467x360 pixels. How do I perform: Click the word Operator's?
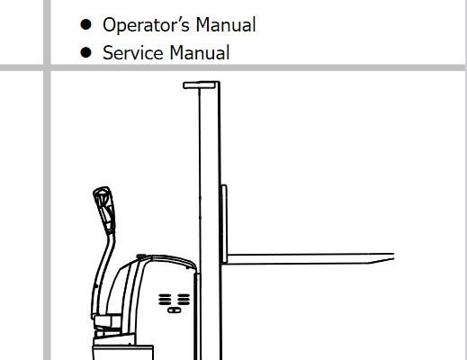click(x=146, y=25)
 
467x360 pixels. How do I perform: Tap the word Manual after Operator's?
click(x=226, y=24)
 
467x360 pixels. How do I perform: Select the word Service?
click(x=133, y=53)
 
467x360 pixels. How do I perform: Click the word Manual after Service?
click(x=200, y=53)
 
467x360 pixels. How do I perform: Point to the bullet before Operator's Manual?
click(x=85, y=24)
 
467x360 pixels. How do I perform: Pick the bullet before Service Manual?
click(x=85, y=52)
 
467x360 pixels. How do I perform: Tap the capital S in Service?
click(x=108, y=53)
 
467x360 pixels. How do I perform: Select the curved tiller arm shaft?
click(x=103, y=270)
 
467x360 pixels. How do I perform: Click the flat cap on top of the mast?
click(x=201, y=85)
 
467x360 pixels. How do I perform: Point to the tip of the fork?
click(x=393, y=257)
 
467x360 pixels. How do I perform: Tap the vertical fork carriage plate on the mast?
click(x=224, y=224)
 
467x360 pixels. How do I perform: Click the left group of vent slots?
click(x=165, y=300)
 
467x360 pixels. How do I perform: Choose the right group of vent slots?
click(x=184, y=300)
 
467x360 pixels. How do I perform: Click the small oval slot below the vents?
click(x=174, y=310)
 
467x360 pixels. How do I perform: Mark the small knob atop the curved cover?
click(x=141, y=256)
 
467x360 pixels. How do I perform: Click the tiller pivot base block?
click(x=107, y=322)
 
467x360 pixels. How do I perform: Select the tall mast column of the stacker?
click(x=210, y=222)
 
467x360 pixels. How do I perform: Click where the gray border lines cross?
click(x=47, y=67)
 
